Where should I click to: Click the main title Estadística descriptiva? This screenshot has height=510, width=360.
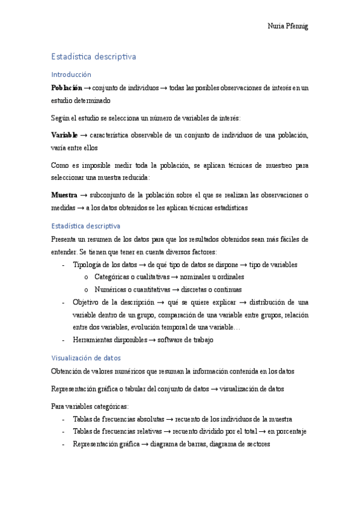[x=94, y=57]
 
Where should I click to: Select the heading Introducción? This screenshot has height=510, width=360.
[x=71, y=75]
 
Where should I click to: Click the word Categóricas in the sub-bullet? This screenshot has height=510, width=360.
[x=113, y=277]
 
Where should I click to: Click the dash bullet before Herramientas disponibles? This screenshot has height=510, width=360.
[x=64, y=340]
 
